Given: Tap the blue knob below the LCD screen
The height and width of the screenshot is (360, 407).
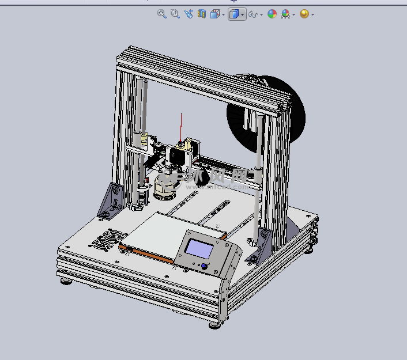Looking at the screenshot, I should point(204,267).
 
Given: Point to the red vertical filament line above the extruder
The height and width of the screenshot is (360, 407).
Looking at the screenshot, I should point(182,127).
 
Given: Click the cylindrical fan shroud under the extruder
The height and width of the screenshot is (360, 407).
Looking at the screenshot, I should point(166,185).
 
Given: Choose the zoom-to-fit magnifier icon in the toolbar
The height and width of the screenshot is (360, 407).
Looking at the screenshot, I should point(162,14).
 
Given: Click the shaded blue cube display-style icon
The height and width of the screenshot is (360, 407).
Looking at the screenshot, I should point(234,14).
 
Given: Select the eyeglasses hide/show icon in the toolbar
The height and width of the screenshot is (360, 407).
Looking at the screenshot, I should point(253,14).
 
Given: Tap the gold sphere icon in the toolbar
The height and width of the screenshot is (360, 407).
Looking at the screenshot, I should point(304,14).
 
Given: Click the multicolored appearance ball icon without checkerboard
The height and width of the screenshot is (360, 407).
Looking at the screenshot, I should point(272,14).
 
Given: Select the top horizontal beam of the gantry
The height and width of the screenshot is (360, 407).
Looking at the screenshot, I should point(202,78).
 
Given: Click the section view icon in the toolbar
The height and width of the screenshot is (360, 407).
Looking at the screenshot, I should point(202,14).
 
